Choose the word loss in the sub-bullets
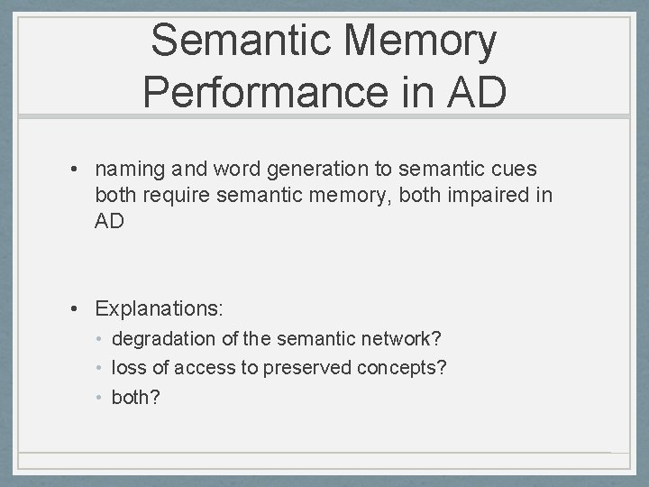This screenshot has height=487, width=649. (126, 368)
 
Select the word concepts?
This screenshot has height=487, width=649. (402, 368)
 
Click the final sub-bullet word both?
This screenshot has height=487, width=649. (135, 397)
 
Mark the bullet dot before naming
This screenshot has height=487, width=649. (80, 169)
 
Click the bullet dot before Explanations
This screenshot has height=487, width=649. (80, 309)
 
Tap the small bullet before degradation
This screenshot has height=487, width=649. (102, 340)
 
